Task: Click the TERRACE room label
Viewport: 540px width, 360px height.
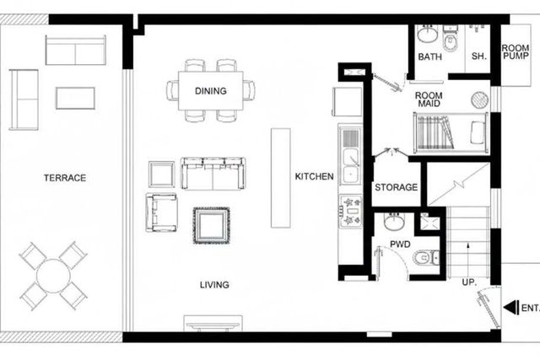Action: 65,178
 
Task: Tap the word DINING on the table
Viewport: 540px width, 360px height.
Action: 211,91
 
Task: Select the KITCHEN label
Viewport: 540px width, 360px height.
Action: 315,176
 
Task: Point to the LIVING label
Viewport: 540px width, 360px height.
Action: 214,285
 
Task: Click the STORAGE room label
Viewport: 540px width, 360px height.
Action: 396,187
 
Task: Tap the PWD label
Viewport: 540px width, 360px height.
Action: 400,244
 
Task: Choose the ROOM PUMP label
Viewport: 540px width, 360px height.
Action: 516,52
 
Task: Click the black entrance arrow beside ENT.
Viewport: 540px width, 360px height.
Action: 511,308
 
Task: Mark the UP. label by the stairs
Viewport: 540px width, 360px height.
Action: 469,282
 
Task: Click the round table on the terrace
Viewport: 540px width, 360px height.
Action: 53,276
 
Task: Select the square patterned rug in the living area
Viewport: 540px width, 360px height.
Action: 211,225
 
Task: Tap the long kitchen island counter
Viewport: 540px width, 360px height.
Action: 281,178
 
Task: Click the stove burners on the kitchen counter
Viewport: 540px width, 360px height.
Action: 350,211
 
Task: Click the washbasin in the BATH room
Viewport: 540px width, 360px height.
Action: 427,35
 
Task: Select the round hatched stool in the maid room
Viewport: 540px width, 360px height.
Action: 479,99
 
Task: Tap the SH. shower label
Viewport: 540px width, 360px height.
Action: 478,56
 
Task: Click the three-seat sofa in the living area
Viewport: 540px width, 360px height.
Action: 213,174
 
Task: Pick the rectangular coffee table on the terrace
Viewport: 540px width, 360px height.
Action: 75,99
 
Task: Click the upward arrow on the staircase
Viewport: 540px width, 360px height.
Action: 468,255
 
